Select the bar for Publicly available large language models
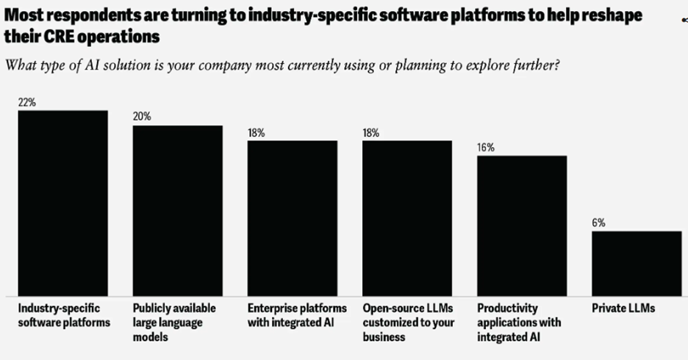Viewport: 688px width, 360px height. tap(177, 210)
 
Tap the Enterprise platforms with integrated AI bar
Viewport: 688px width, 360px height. tap(292, 217)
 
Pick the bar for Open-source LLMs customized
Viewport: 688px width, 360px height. tap(406, 217)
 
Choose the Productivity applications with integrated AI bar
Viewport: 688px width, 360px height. tap(522, 226)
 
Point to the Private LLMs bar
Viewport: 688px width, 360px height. tap(637, 263)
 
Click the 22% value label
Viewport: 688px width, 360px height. tap(27, 103)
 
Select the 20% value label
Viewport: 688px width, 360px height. tap(142, 118)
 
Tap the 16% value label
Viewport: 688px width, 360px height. tap(486, 148)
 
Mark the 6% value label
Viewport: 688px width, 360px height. tap(599, 223)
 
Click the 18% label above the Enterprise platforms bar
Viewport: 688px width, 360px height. tap(257, 133)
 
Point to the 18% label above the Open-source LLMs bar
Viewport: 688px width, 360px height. tap(371, 133)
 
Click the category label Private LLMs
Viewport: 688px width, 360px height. tap(623, 309)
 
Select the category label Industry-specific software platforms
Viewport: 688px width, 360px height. tap(64, 315)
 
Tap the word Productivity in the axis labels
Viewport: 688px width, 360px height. tap(507, 309)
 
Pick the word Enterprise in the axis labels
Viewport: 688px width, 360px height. tap(274, 309)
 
